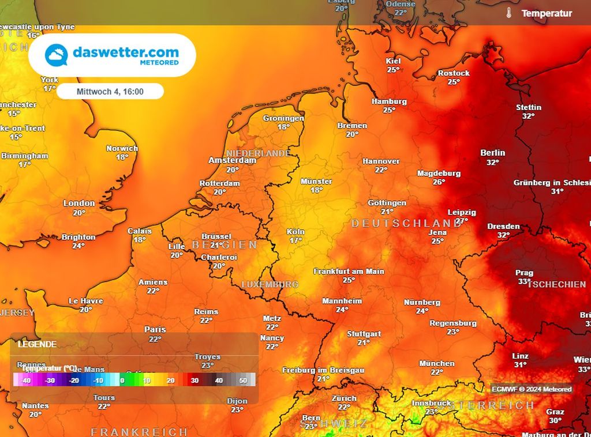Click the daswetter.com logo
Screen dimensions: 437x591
tap(112, 55)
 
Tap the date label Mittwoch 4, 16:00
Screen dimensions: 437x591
tap(110, 91)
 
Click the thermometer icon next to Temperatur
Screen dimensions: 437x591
tap(509, 13)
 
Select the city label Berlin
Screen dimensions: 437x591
tap(492, 153)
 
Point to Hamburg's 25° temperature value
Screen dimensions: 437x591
tap(389, 110)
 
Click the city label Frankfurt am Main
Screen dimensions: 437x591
tap(349, 271)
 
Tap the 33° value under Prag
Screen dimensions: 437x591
tap(524, 281)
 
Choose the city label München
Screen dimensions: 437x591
tap(437, 363)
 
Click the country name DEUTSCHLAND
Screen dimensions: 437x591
tap(406, 223)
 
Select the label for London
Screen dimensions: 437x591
tap(79, 203)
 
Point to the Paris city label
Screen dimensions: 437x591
tap(155, 329)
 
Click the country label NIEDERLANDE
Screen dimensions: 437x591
tap(258, 153)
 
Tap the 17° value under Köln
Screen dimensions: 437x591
tap(295, 240)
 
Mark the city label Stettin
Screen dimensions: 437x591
tap(528, 107)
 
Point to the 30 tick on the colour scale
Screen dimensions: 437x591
tap(195, 381)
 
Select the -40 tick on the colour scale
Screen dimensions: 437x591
tap(25, 381)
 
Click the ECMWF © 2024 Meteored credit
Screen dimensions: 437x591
tap(531, 389)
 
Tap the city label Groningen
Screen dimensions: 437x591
tap(283, 118)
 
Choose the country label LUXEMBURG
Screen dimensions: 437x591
tap(270, 284)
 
